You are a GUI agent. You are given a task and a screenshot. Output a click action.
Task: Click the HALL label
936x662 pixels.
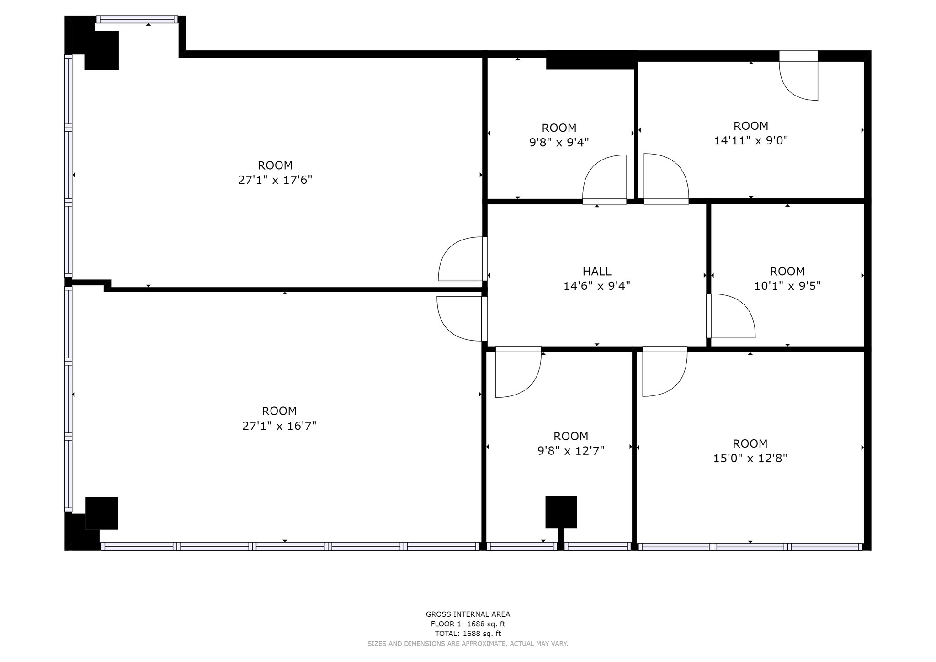click(x=597, y=272)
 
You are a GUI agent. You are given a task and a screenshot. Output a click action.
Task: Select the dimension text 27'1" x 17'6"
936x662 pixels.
click(x=275, y=180)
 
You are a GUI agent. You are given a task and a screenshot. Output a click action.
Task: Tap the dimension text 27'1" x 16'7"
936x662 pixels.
click(x=279, y=426)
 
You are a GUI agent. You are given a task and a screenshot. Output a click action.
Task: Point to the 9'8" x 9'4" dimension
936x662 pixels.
click(x=559, y=143)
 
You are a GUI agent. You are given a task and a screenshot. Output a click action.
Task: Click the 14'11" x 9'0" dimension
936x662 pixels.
click(x=751, y=140)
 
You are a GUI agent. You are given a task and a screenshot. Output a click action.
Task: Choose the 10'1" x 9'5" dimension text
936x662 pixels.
click(x=787, y=286)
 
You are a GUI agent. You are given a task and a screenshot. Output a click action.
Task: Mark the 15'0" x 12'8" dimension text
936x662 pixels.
click(x=750, y=458)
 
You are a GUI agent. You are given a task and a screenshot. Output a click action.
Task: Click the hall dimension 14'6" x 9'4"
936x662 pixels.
click(x=597, y=286)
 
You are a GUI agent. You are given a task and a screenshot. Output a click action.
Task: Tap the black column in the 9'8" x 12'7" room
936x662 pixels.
click(x=561, y=512)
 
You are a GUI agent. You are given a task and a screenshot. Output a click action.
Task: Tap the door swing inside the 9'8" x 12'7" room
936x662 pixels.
click(x=516, y=372)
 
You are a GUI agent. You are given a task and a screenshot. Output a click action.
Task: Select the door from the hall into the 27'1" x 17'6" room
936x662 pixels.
click(x=461, y=260)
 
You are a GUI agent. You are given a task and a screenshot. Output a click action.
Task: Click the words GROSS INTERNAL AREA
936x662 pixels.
click(x=468, y=614)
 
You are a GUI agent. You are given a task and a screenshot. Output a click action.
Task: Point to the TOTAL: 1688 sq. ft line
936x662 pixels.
click(x=468, y=634)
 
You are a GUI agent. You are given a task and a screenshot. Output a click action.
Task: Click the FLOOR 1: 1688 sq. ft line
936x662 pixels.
click(x=468, y=624)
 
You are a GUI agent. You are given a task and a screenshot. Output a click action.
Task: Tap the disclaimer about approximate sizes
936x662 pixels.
click(x=468, y=644)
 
